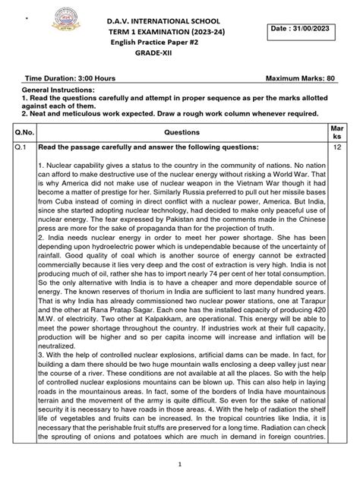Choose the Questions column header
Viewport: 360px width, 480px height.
tap(182, 131)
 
